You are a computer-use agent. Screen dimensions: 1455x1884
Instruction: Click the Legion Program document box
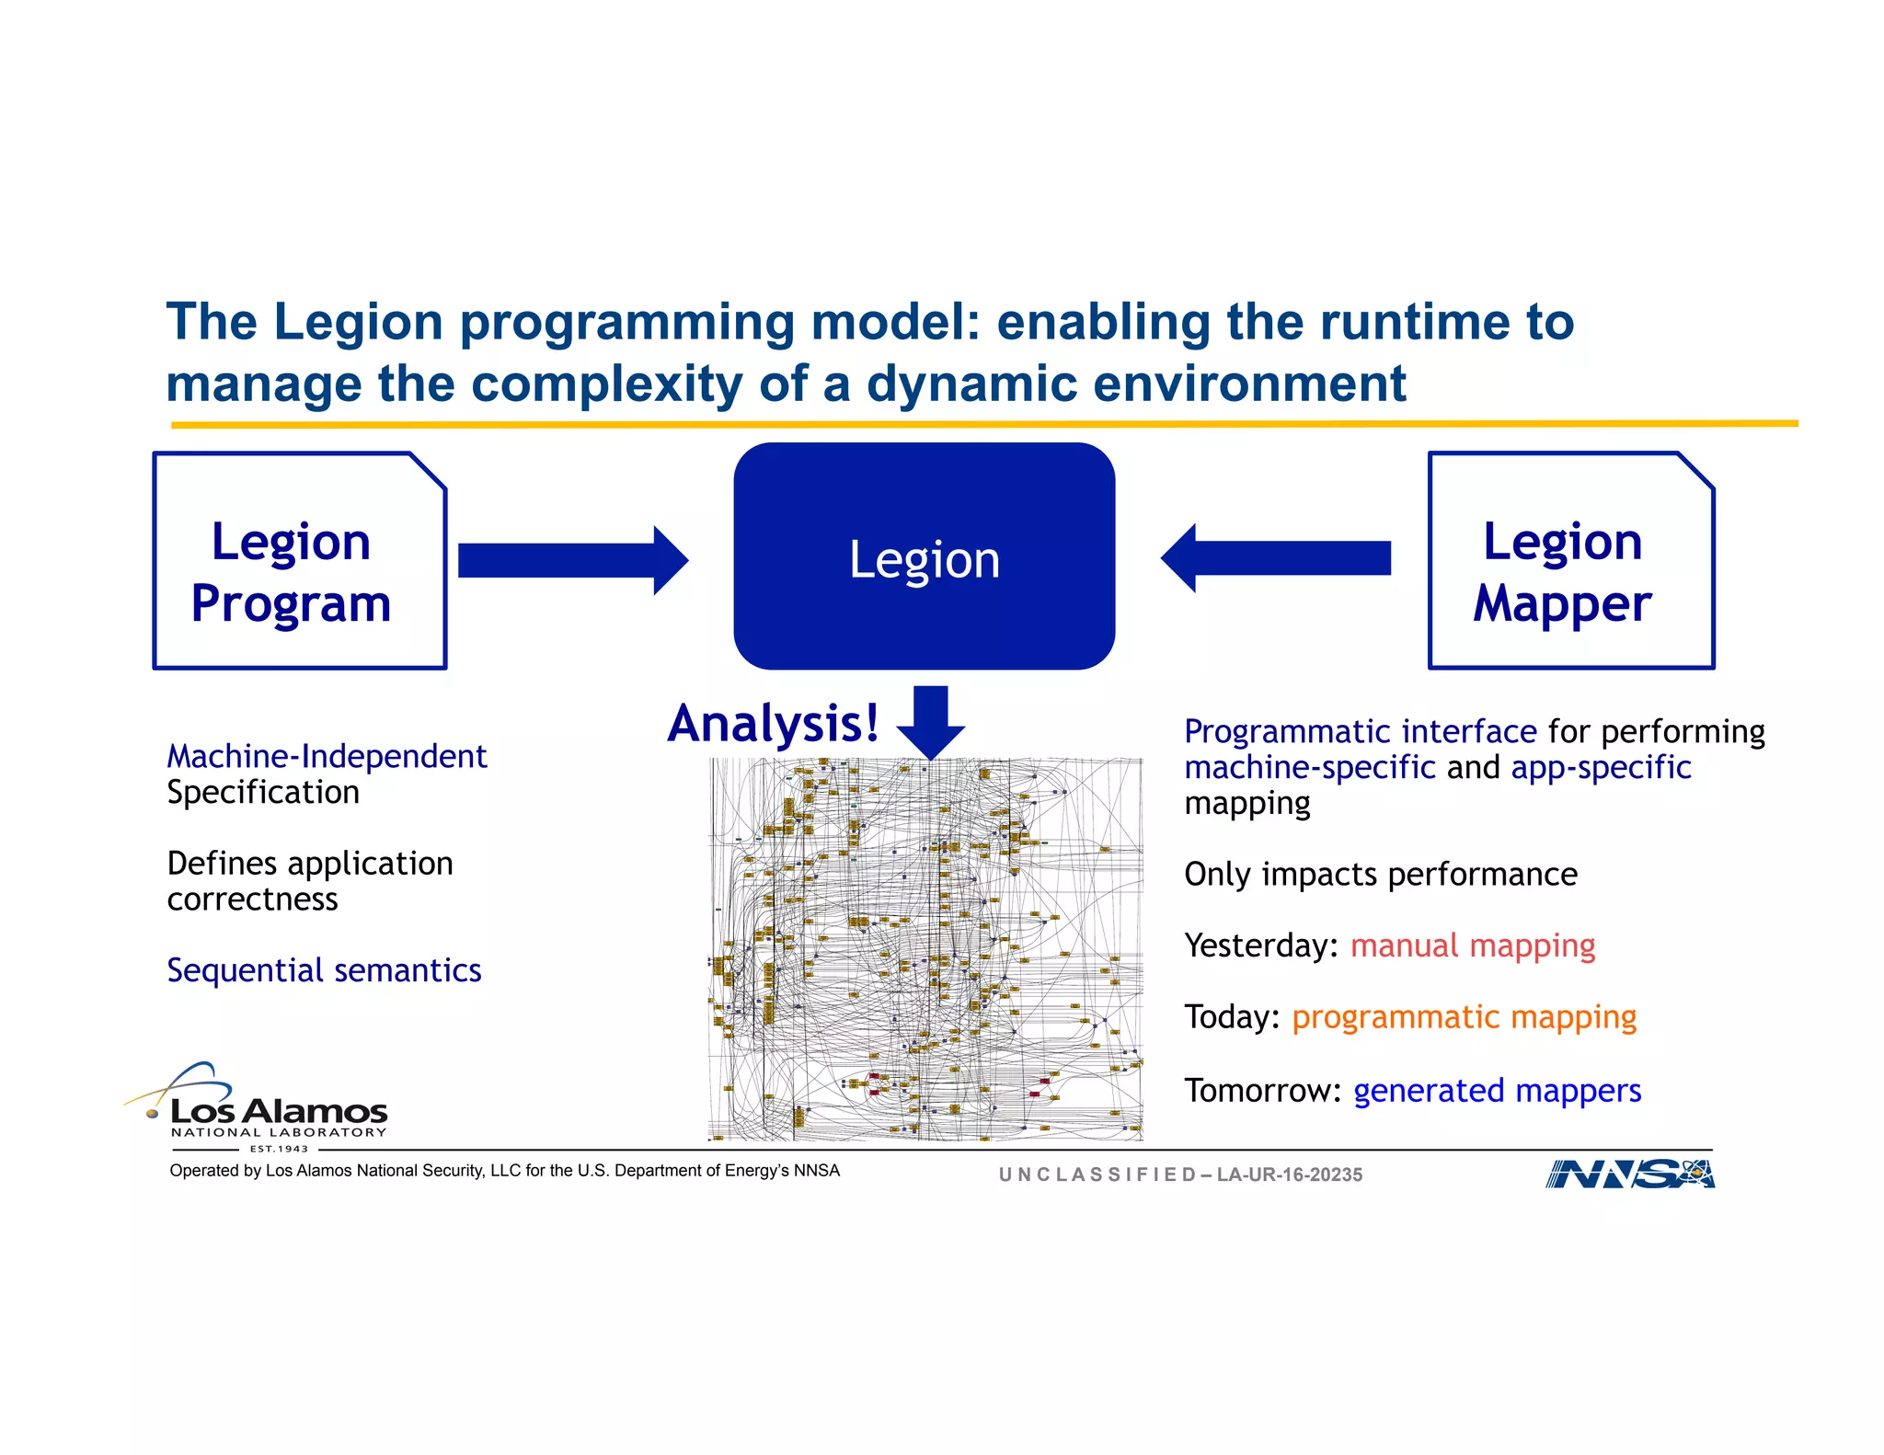[299, 560]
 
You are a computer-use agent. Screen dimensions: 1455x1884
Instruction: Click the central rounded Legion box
[924, 557]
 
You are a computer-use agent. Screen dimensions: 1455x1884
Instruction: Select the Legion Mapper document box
[1570, 560]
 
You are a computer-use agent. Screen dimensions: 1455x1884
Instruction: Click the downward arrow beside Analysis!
[931, 721]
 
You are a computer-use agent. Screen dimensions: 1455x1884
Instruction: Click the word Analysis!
[773, 724]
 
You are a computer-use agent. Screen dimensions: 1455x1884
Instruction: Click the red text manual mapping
[1472, 945]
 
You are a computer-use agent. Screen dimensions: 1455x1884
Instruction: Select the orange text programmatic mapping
[1464, 1017]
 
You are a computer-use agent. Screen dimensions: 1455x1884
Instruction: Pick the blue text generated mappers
[1497, 1091]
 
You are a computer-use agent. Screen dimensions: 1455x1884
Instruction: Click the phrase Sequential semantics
[324, 970]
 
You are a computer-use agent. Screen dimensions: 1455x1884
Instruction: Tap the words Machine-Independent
[327, 756]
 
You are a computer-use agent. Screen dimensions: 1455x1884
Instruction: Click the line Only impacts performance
[1380, 874]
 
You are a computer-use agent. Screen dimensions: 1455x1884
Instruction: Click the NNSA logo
[1629, 1174]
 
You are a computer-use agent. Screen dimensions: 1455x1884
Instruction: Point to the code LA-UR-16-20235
[1289, 1174]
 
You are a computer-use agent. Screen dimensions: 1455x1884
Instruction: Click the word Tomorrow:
[1261, 1091]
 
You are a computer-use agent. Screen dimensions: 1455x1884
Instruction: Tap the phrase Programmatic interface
[1360, 731]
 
